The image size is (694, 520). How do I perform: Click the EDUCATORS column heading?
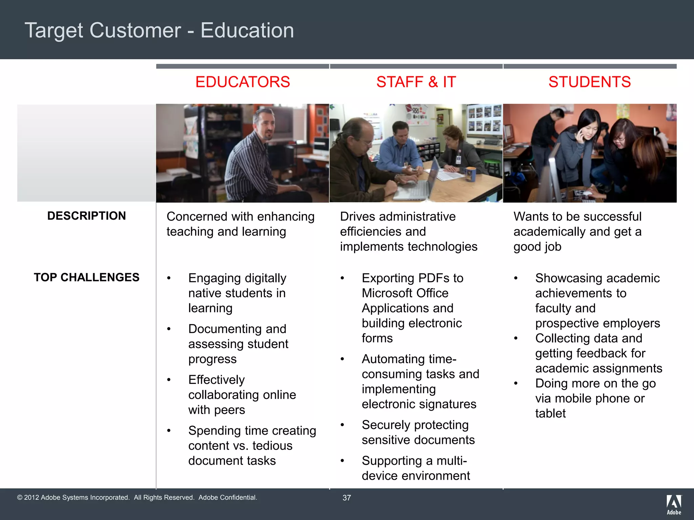243,82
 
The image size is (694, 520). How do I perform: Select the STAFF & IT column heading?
416,82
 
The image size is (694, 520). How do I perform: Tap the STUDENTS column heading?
590,82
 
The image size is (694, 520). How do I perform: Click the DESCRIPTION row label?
86,216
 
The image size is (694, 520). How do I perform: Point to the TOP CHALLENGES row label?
86,278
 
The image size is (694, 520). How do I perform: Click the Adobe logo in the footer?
674,504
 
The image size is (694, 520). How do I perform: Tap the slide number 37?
347,498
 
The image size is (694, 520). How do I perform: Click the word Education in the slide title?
247,30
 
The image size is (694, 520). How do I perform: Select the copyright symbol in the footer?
20,498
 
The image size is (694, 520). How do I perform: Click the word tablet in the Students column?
550,413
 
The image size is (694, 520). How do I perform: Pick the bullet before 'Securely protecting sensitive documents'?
343,425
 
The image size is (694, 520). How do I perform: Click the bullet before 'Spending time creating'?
169,431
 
